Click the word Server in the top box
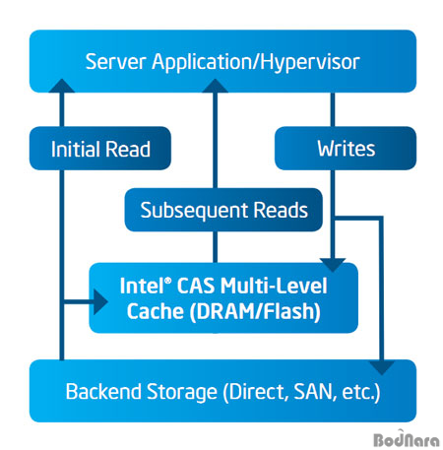click(x=115, y=62)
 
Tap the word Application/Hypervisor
click(x=256, y=63)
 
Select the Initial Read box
click(x=100, y=149)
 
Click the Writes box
click(x=346, y=149)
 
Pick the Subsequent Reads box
click(x=223, y=210)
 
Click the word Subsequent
click(x=194, y=211)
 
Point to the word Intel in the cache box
click(x=142, y=286)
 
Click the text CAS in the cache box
click(x=196, y=286)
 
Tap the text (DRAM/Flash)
click(x=255, y=311)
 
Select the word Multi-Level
click(x=274, y=286)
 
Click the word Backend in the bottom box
click(x=103, y=391)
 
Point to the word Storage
click(x=182, y=392)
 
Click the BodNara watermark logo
click(x=407, y=439)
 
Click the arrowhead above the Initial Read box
click(x=62, y=86)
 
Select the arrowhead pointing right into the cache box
click(x=100, y=301)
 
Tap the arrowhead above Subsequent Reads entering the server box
click(x=215, y=86)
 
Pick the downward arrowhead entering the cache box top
click(x=333, y=265)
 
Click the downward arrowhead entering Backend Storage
click(x=381, y=368)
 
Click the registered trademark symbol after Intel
click(x=167, y=282)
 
